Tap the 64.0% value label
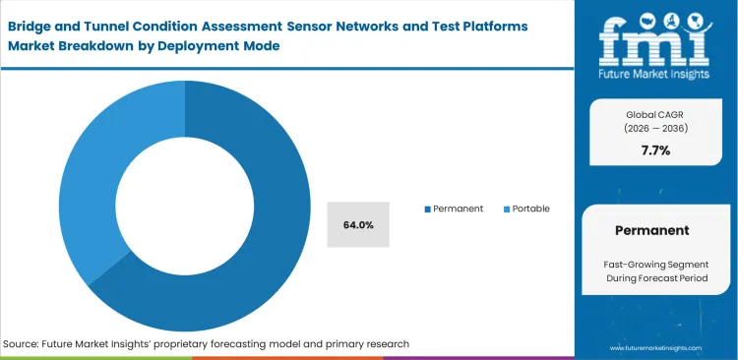pyautogui.click(x=358, y=224)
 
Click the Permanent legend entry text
pyautogui.click(x=458, y=209)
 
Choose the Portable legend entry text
pyautogui.click(x=530, y=209)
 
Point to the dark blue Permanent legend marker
pyautogui.click(x=427, y=210)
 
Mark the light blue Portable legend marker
pyautogui.click(x=507, y=210)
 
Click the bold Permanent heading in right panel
pyautogui.click(x=654, y=230)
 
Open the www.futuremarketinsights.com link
pyautogui.click(x=655, y=348)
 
